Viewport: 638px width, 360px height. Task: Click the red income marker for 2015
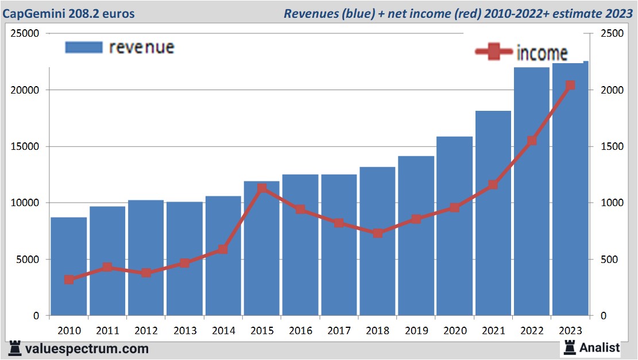pyautogui.click(x=262, y=188)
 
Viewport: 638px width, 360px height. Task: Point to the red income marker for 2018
pyautogui.click(x=378, y=233)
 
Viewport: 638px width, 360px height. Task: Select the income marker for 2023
pyautogui.click(x=570, y=86)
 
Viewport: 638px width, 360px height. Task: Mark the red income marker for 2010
pyautogui.click(x=69, y=280)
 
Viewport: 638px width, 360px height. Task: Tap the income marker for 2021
pyautogui.click(x=493, y=185)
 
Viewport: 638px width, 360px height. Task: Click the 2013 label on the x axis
pyautogui.click(x=185, y=331)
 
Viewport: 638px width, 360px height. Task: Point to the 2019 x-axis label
pyautogui.click(x=416, y=331)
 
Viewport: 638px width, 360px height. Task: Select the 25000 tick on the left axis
pyautogui.click(x=25, y=34)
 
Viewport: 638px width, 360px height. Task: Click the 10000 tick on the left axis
pyautogui.click(x=25, y=203)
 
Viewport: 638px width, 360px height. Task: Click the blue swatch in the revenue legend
pyautogui.click(x=84, y=47)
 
